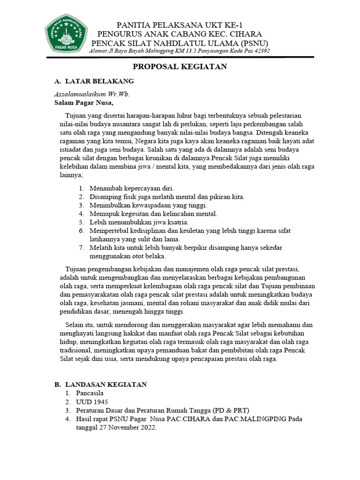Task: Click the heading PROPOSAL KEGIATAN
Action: pyautogui.click(x=180, y=67)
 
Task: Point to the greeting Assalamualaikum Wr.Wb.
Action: pyautogui.click(x=92, y=94)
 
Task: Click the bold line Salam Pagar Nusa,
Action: pyautogui.click(x=84, y=103)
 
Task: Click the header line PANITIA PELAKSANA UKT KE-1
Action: pyautogui.click(x=180, y=25)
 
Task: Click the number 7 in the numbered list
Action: pyautogui.click(x=80, y=247)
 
